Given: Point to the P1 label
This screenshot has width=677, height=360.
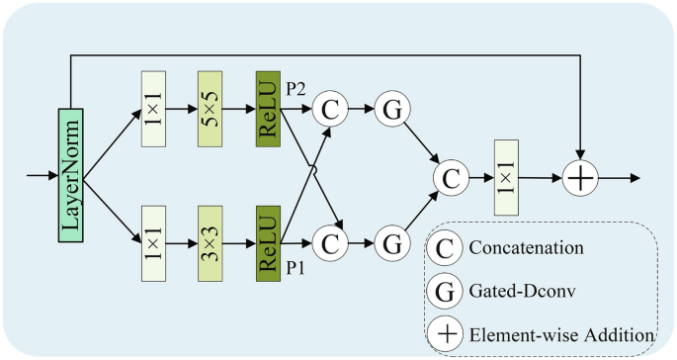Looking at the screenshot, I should coord(296,264).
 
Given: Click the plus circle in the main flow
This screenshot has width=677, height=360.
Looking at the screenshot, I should coord(580,178).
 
